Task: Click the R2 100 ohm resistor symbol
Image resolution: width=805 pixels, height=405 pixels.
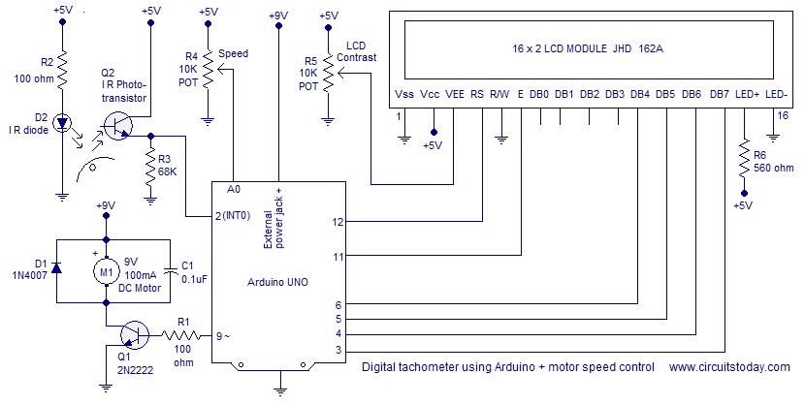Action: (62, 70)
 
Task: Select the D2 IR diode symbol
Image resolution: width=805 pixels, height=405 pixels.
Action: (62, 123)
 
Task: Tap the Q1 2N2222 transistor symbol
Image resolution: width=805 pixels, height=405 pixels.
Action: (132, 335)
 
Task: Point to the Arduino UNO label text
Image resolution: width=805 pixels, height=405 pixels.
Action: (279, 281)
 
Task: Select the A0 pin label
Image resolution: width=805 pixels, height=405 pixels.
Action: (234, 189)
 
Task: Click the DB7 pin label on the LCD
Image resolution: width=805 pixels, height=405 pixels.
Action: (719, 94)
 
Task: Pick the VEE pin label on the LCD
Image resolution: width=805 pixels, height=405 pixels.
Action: (455, 94)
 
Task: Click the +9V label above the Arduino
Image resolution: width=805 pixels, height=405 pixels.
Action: (278, 16)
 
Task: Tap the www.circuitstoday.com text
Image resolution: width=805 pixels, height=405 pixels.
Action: (729, 367)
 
